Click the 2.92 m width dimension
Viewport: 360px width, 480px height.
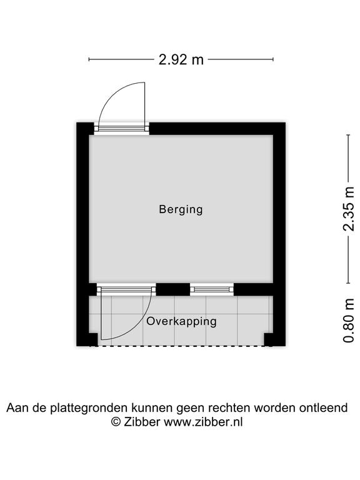[x=181, y=59]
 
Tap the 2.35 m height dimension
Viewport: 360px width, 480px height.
[x=348, y=209]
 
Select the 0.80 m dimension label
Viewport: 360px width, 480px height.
[x=349, y=320]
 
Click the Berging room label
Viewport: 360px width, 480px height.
[x=181, y=210]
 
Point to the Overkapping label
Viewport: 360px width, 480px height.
[x=181, y=321]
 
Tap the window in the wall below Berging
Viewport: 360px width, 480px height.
[x=212, y=289]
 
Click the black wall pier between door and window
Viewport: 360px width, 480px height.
[x=173, y=289]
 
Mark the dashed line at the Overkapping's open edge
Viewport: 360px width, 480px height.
[x=181, y=346]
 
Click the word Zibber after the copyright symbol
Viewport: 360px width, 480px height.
[x=142, y=422]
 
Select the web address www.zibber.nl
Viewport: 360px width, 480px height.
[x=203, y=422]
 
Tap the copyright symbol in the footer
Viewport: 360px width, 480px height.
[x=116, y=422]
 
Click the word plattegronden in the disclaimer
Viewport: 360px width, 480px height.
[x=89, y=408]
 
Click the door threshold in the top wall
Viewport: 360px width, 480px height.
[x=121, y=129]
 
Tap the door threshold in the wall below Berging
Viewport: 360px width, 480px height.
[x=126, y=289]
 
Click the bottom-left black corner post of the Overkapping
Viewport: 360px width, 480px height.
[x=87, y=339]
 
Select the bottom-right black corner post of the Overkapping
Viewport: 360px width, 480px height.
[x=274, y=339]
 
